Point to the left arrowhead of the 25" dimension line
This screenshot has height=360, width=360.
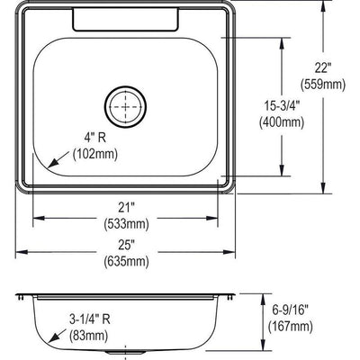(20, 250)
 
